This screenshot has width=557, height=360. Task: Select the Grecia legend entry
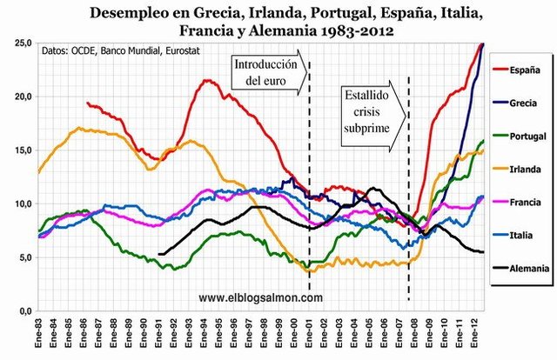tap(526, 102)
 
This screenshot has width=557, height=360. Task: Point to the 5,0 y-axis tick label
tap(23, 257)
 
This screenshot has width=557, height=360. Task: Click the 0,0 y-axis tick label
tap(23, 310)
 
